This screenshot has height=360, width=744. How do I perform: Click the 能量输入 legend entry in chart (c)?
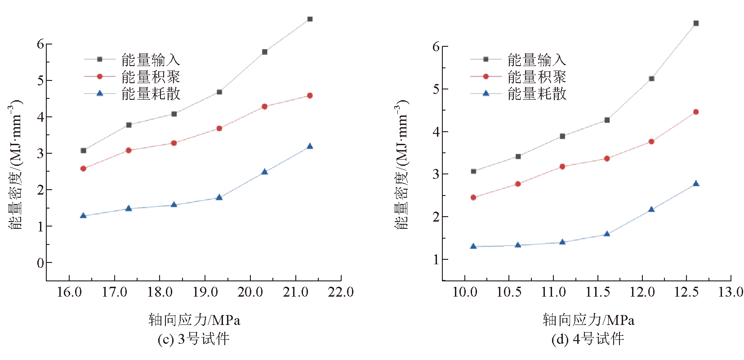pyautogui.click(x=150, y=59)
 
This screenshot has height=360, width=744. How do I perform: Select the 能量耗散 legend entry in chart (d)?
pyautogui.click(x=536, y=93)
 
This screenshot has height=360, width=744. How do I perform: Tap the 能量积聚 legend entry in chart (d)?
pyautogui.click(x=536, y=76)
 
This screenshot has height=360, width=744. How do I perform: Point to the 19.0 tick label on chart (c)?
pyautogui.click(x=205, y=292)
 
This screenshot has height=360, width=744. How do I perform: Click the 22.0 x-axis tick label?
pyautogui.click(x=341, y=292)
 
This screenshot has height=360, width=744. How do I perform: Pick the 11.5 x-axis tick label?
pyautogui.click(x=597, y=292)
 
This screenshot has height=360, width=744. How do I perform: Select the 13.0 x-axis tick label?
pyautogui.click(x=731, y=292)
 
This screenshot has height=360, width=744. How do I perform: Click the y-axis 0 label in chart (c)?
pyautogui.click(x=40, y=263)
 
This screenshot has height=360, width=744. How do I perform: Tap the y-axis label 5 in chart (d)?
pyautogui.click(x=436, y=89)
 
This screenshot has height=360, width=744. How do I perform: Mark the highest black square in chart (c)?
pyautogui.click(x=310, y=19)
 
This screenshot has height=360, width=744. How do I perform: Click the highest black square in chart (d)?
pyautogui.click(x=696, y=23)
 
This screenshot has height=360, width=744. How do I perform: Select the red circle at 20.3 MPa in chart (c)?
pyautogui.click(x=264, y=107)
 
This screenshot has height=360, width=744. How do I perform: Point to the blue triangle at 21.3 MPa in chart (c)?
pyautogui.click(x=310, y=146)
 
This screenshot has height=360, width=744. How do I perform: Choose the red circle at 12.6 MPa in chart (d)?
pyautogui.click(x=696, y=112)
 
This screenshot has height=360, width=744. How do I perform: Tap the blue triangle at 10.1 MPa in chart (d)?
pyautogui.click(x=473, y=246)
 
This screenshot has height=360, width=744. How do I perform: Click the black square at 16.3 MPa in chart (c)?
pyautogui.click(x=83, y=151)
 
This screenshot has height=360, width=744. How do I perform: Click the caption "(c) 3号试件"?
pyautogui.click(x=193, y=339)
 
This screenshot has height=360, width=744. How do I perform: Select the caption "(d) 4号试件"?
pyautogui.click(x=588, y=339)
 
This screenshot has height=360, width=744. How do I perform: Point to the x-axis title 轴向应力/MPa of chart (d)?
pyautogui.click(x=588, y=320)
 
